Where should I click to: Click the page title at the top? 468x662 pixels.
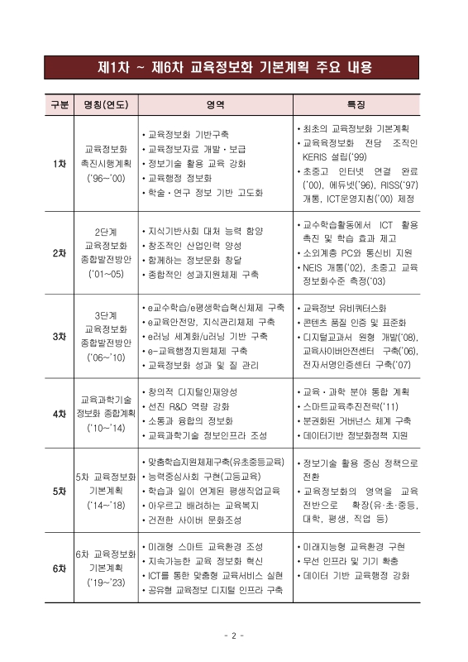point(234,67)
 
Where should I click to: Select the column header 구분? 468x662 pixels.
point(59,105)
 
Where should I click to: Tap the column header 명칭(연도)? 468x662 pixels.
point(105,105)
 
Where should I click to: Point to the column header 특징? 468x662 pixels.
point(356,105)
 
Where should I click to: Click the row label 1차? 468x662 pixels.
point(59,164)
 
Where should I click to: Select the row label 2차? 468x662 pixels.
point(59,252)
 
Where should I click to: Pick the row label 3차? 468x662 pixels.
point(59,337)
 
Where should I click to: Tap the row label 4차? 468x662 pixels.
point(59,413)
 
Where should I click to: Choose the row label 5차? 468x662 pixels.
point(59,491)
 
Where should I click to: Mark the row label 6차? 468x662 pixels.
point(59,568)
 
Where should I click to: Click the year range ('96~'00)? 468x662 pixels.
point(106,179)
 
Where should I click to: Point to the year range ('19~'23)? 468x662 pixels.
point(106,583)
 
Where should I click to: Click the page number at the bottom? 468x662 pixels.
point(234,636)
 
